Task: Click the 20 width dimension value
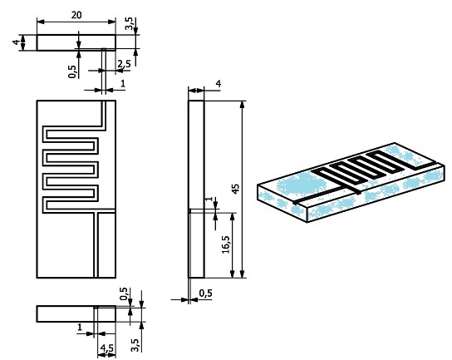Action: tap(76, 15)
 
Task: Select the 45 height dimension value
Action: tap(236, 189)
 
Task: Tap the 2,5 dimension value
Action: tap(124, 64)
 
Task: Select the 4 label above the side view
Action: tap(218, 83)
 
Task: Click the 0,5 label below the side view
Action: tap(204, 293)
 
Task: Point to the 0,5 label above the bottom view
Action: tap(124, 293)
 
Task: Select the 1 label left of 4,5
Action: tap(80, 328)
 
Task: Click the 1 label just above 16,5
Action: tap(209, 202)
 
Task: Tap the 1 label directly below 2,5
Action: tap(123, 84)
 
